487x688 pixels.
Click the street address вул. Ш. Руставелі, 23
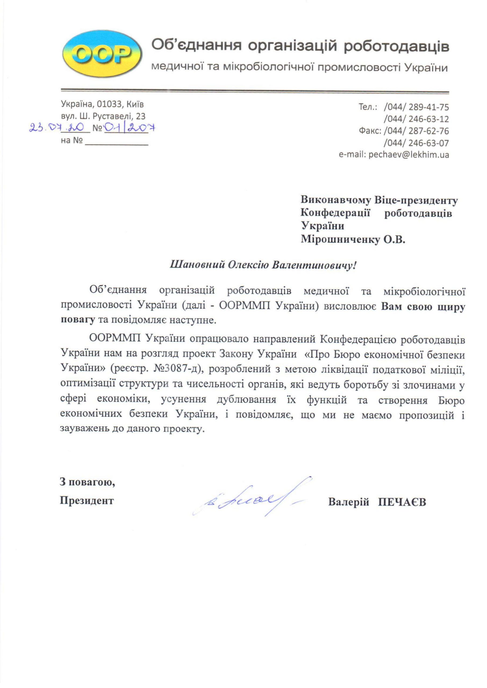coord(103,116)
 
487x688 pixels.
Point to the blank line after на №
coord(117,142)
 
